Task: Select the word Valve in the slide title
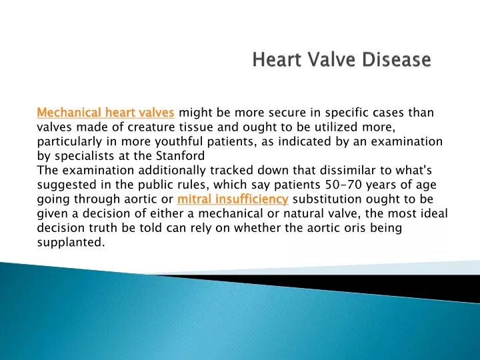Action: tap(331, 59)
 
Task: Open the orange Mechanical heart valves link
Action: tap(105, 113)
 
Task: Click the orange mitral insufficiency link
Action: tap(233, 199)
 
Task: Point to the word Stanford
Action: tap(180, 156)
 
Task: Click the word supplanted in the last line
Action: tap(71, 243)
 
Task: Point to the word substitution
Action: tap(327, 199)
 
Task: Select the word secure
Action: tap(287, 113)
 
